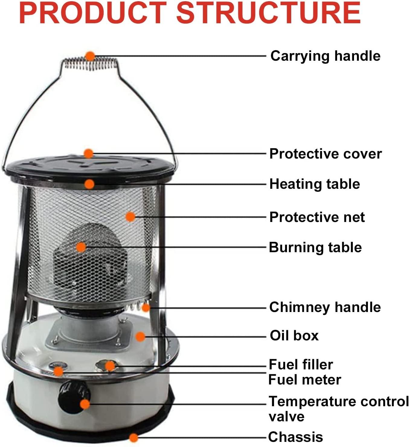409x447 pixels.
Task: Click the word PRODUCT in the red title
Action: pos(93,13)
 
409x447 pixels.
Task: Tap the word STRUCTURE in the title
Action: pos(268,13)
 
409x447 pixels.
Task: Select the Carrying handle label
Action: pos(325,56)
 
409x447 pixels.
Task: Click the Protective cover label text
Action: pos(325,154)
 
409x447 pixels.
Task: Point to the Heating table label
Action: pos(314,184)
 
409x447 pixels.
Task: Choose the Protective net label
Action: pos(317,217)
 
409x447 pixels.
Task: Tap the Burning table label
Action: pos(315,247)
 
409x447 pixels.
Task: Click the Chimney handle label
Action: pos(325,307)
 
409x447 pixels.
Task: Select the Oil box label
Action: pos(294,336)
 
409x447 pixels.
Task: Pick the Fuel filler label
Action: pos(301,365)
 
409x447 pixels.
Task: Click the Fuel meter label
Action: pos(305,380)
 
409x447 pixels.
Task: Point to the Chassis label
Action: pos(295,437)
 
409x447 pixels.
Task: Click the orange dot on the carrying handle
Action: pos(90,56)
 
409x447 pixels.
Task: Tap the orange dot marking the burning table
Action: pos(81,247)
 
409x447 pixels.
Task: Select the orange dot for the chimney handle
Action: pos(146,308)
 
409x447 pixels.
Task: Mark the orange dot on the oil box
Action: pos(140,336)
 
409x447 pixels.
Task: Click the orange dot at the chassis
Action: pos(134,438)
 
